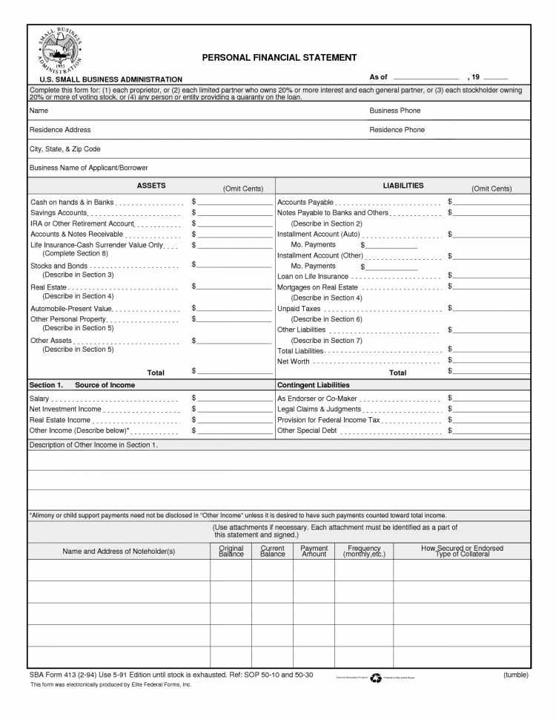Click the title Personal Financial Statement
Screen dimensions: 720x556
(x=279, y=57)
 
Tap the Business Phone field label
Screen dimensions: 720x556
(x=394, y=111)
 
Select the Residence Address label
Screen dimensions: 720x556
(x=60, y=130)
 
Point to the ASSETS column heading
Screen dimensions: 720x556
(x=151, y=186)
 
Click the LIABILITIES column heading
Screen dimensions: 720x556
(x=403, y=186)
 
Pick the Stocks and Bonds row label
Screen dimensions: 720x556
(x=59, y=265)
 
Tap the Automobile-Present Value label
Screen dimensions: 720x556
(x=71, y=308)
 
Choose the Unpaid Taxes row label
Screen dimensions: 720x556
(x=299, y=308)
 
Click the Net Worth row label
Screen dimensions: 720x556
(x=293, y=361)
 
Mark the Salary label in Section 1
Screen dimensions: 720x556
(x=39, y=399)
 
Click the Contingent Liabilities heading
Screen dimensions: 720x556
(x=313, y=385)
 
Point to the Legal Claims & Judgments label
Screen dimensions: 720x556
(x=319, y=409)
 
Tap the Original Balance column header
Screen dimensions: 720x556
(x=231, y=552)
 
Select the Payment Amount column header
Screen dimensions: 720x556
(x=314, y=552)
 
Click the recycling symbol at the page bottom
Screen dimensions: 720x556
(x=376, y=677)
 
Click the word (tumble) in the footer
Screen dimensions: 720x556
(x=515, y=675)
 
